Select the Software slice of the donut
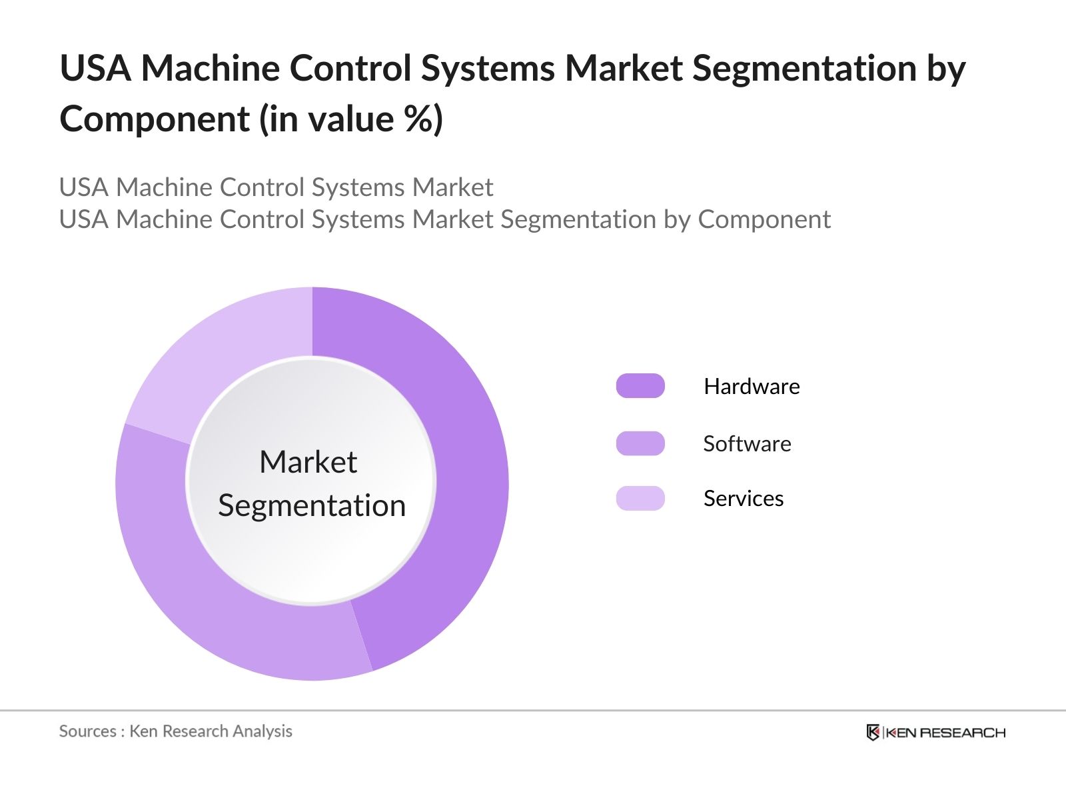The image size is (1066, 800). point(200,587)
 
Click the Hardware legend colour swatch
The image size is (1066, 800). point(640,386)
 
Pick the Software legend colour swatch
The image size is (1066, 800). point(640,443)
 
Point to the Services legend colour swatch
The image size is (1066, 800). point(640,498)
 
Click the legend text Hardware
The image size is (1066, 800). point(752,386)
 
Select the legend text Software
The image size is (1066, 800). point(747,443)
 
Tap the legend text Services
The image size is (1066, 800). point(743,498)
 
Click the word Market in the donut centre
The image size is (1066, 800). point(308,462)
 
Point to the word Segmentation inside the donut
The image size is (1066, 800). point(312,505)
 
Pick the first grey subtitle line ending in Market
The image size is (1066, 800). point(276,187)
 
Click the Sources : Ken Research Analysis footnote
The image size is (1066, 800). point(175,731)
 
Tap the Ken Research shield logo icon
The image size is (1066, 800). point(873,733)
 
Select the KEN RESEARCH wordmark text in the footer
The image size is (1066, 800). point(945,733)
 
